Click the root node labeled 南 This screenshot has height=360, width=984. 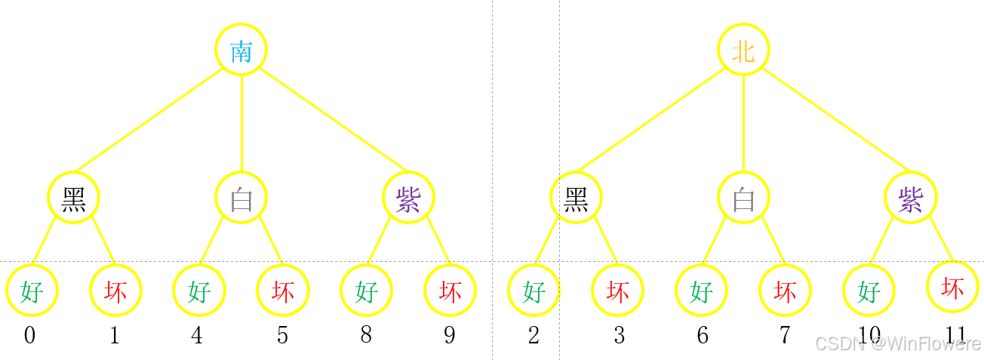(241, 51)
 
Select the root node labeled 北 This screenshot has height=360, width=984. (743, 50)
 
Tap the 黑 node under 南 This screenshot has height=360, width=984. (74, 198)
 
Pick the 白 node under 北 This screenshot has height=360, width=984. (743, 198)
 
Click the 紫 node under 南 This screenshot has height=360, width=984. (408, 198)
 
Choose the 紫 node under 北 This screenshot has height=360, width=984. (911, 198)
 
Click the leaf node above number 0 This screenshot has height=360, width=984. (32, 290)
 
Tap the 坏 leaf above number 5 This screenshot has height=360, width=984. (283, 290)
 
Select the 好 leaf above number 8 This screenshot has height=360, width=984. (366, 290)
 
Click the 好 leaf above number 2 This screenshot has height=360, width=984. (534, 291)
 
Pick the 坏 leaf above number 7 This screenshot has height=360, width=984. (785, 291)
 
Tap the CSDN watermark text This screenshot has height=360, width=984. (898, 343)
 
